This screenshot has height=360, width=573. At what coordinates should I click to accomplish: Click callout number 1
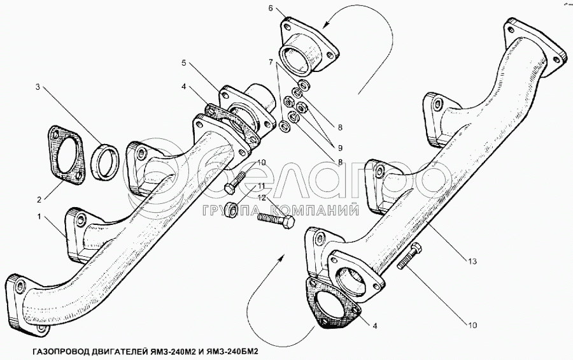point(39,217)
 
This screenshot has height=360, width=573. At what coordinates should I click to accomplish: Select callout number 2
point(39,199)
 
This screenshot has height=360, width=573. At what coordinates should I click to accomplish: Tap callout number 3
point(38,87)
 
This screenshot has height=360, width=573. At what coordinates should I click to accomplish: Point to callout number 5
point(184,63)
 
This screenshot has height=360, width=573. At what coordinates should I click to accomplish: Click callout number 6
point(271,8)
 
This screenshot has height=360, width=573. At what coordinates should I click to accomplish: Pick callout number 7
point(271,62)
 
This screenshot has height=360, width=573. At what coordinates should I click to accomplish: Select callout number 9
point(340,148)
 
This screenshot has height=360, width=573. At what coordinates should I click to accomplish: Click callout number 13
point(472,261)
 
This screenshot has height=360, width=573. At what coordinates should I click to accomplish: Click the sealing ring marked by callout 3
point(104,162)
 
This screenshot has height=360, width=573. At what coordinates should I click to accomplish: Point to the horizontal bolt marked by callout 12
point(276,220)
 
